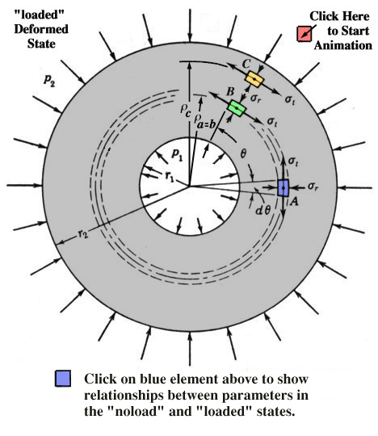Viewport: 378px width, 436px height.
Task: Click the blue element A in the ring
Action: point(283,188)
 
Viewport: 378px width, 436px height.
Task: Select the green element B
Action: point(237,108)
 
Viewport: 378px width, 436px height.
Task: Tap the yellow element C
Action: point(254,79)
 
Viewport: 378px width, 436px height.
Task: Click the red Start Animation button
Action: point(304,34)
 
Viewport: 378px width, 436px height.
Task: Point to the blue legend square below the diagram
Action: point(63,378)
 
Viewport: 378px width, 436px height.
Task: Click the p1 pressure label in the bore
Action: point(177,154)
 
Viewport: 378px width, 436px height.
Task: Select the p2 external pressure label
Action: point(49,81)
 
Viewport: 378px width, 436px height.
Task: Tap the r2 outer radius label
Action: point(82,234)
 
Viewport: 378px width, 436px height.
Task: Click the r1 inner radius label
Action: point(170,176)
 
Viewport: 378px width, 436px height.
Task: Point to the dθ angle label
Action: point(262,211)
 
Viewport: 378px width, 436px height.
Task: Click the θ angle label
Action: point(243,153)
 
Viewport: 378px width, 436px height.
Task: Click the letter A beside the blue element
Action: point(294,201)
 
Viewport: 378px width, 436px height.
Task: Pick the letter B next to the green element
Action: point(230,91)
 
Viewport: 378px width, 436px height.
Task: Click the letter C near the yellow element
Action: point(246,64)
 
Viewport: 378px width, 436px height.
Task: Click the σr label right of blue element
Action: point(313,187)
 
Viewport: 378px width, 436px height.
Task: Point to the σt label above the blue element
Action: point(293,161)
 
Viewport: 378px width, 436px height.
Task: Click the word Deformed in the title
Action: point(41,29)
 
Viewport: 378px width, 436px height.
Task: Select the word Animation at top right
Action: point(343,45)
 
